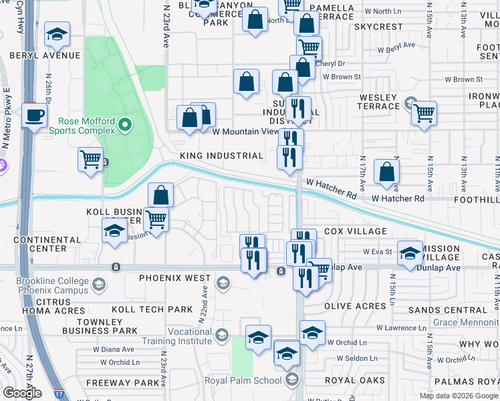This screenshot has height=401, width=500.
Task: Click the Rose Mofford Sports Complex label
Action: [x=88, y=125]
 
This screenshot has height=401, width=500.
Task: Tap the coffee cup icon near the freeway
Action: [x=34, y=115]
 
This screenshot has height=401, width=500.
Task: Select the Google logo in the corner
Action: [x=22, y=393]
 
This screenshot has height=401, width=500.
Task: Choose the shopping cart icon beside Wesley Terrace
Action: [x=424, y=114]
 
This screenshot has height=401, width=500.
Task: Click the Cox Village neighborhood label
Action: [x=356, y=231]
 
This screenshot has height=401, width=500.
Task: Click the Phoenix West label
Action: [x=175, y=277]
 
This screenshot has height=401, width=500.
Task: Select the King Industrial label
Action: [x=221, y=156]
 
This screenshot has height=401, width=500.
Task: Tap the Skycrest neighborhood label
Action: [x=379, y=27]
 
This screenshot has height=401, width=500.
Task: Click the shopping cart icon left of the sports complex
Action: [x=90, y=160]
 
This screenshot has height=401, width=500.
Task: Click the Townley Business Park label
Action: [x=100, y=325]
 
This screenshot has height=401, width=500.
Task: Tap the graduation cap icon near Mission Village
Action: [x=410, y=253]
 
